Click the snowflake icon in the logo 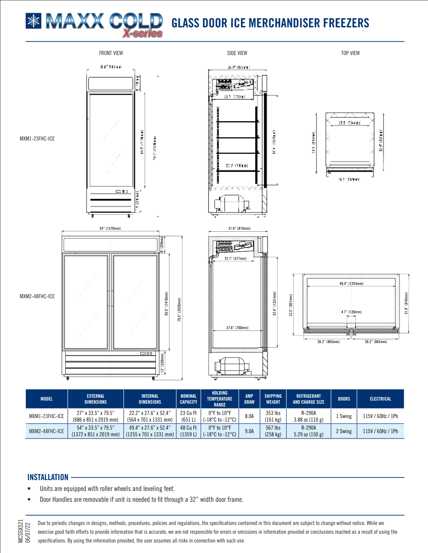(x=34, y=21)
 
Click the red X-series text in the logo (x=143, y=33)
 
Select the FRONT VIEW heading (x=111, y=53)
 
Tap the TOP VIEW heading (x=350, y=53)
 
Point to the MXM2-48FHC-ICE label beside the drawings (x=37, y=296)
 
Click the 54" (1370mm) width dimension (x=110, y=228)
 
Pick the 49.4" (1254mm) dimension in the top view (x=351, y=284)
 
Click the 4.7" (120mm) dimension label (x=351, y=312)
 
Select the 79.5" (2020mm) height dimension (x=179, y=309)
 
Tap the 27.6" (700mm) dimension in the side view (x=237, y=328)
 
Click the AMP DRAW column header (x=249, y=399)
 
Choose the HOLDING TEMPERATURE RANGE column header (x=220, y=399)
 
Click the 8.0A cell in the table (x=249, y=416)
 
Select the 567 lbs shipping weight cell (x=273, y=431)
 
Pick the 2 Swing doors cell (x=344, y=431)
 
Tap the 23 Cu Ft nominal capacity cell (x=188, y=416)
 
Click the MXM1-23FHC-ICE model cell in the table (x=46, y=416)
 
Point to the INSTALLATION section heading (x=48, y=477)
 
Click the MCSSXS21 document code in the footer (x=21, y=531)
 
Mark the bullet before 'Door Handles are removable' (x=29, y=500)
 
